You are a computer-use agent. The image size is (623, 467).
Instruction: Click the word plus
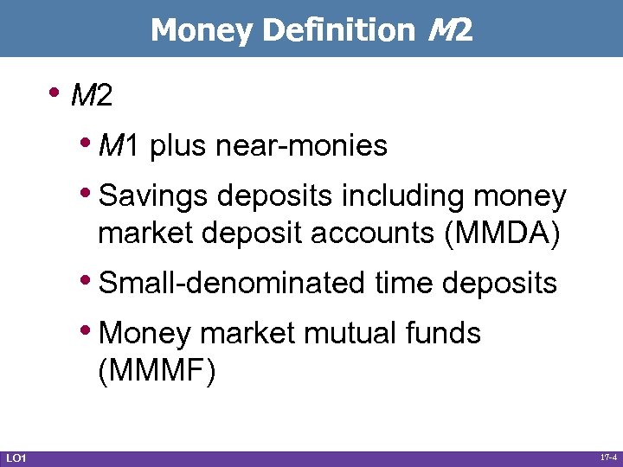pos(178,146)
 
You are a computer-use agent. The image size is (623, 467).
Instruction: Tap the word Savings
pos(154,197)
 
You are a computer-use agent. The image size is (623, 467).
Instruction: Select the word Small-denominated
pos(233,283)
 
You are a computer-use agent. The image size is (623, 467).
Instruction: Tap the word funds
pos(446,333)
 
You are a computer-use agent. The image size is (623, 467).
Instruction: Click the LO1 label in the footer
pos(16,457)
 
